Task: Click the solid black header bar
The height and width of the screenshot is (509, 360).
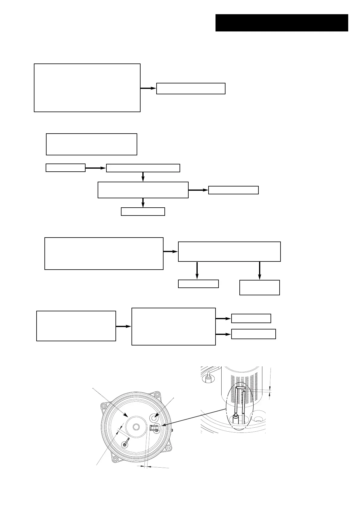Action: coord(281,23)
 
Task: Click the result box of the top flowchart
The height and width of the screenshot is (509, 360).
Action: coord(191,89)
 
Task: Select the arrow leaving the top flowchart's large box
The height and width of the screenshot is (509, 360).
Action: coord(148,88)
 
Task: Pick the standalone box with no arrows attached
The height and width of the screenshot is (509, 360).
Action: coord(91,144)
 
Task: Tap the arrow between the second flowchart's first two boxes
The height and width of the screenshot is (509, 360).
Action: coord(96,168)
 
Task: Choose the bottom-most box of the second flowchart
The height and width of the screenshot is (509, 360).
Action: coord(143,212)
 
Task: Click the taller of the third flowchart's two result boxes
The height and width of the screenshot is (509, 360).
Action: coord(259,287)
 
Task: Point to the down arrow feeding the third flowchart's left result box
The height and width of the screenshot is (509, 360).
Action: coord(197,270)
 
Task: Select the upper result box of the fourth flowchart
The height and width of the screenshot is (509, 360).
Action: coord(251,319)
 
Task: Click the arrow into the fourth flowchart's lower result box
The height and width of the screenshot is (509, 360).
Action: coord(223,334)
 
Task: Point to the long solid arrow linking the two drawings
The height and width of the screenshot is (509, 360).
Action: coord(193,417)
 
